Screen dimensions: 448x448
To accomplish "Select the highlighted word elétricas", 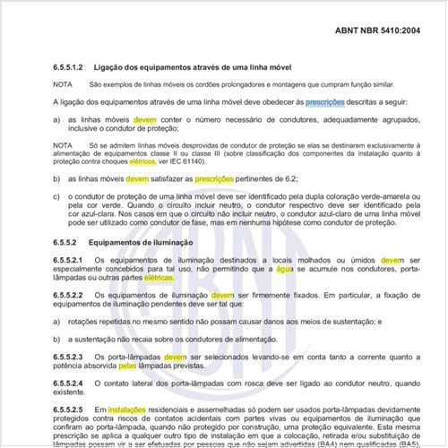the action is coord(159,278).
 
